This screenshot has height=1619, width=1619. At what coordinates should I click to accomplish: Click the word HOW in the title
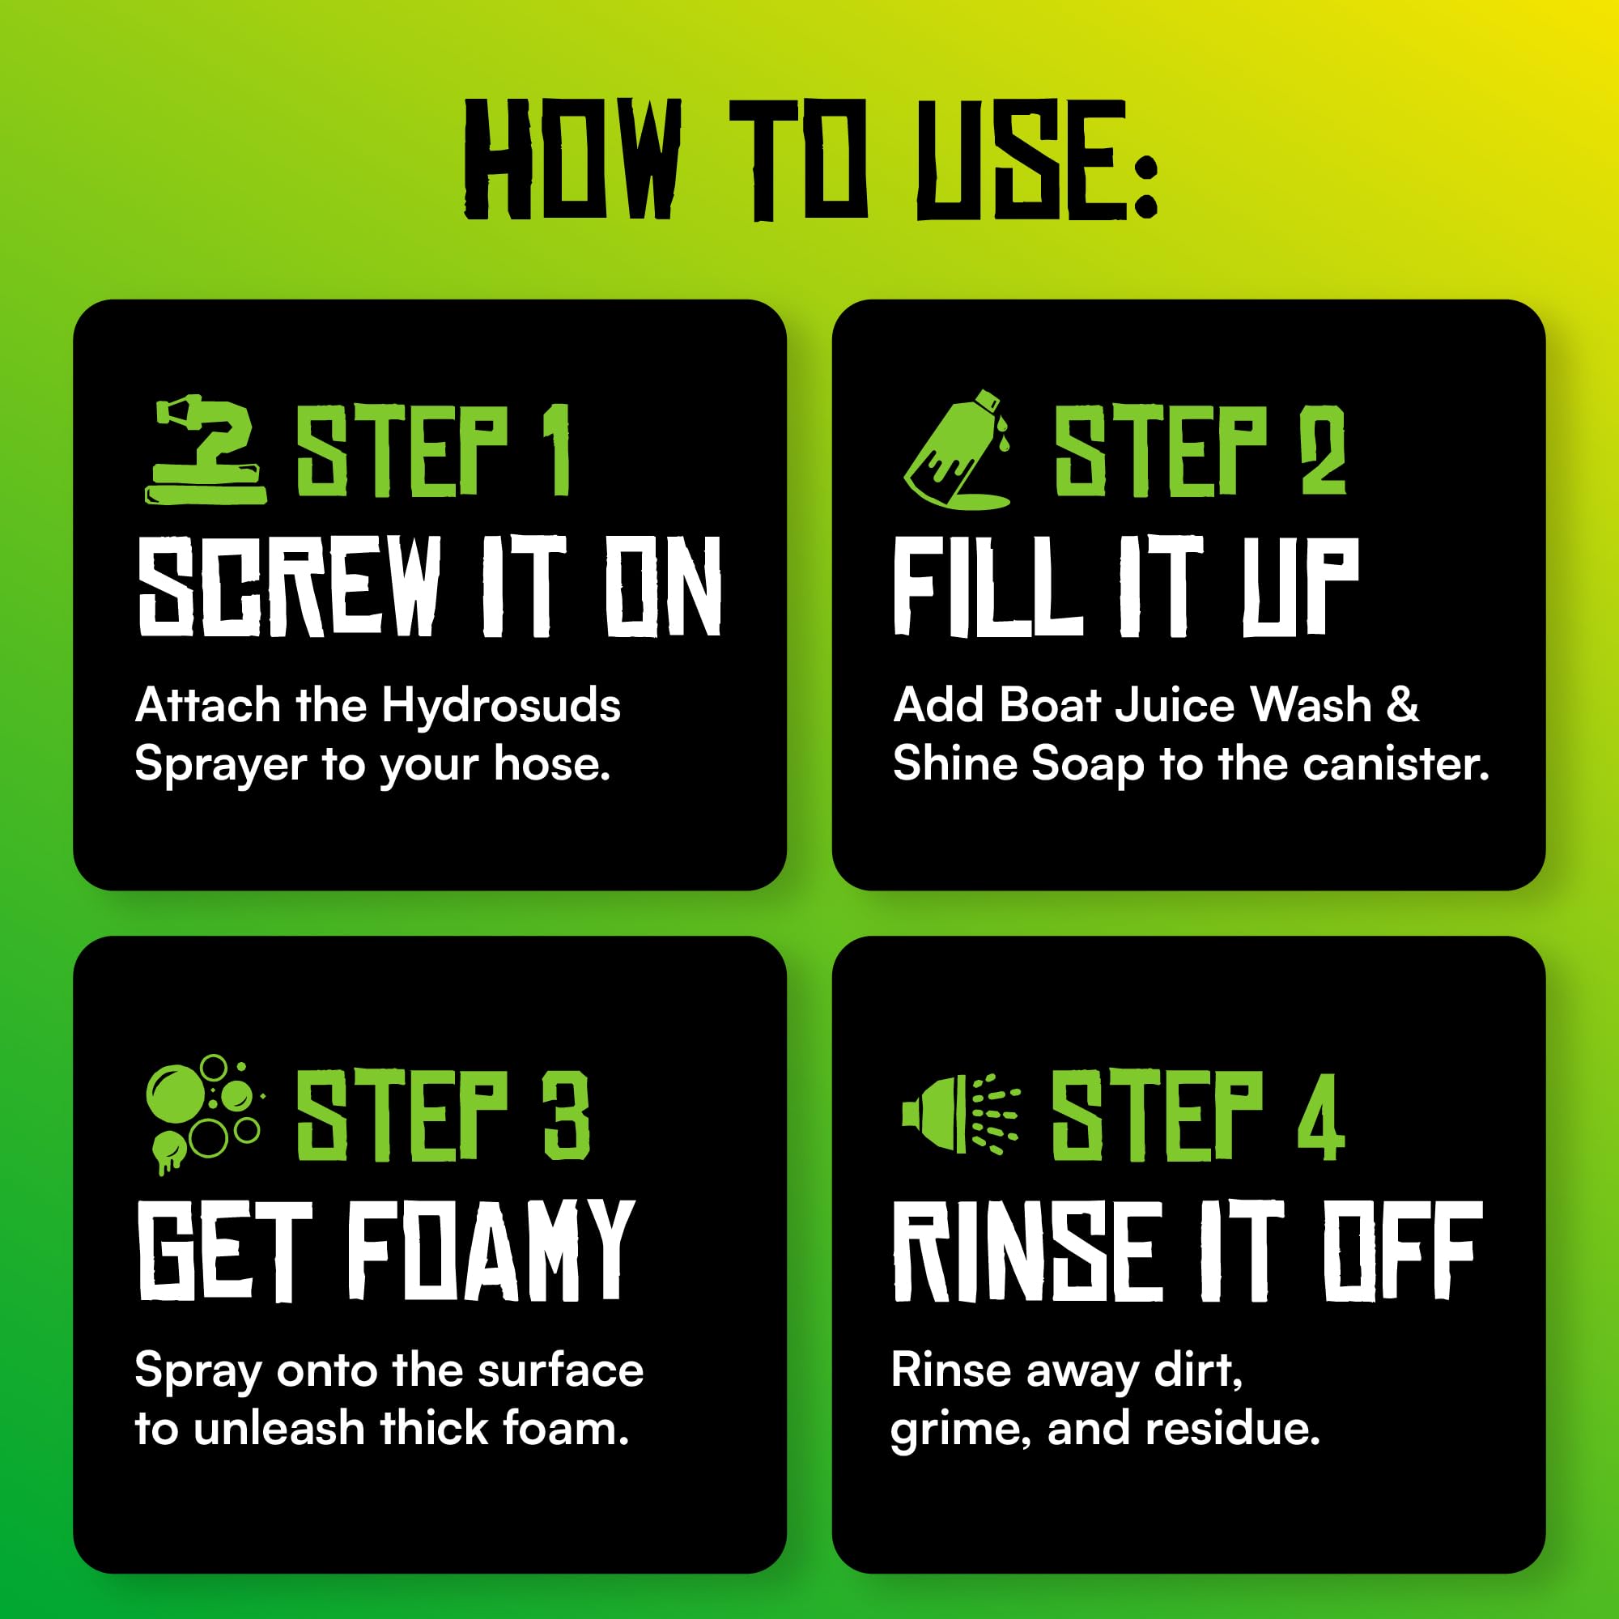pos(572,159)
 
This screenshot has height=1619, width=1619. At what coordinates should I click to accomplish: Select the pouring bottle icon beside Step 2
pos(958,449)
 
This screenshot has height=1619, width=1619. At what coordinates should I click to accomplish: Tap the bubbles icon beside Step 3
pos(204,1114)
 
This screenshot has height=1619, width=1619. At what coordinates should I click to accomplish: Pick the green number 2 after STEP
pos(1324,450)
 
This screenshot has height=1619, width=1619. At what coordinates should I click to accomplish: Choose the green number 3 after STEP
pos(567,1115)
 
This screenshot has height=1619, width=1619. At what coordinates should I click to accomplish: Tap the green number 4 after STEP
pos(1322,1115)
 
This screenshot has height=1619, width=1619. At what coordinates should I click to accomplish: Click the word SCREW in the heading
pos(290,586)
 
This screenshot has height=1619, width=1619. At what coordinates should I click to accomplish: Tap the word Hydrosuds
pos(501,705)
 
